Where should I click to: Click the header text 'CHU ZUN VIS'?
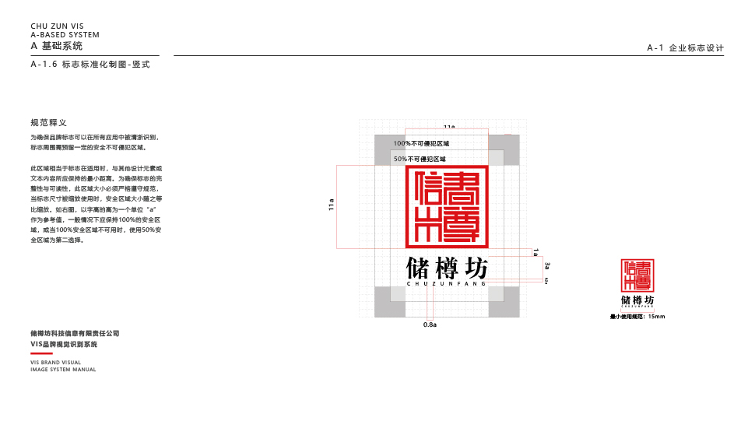point(57,26)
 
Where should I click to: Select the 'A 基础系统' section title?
point(56,47)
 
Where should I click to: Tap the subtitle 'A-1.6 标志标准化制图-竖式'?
point(90,65)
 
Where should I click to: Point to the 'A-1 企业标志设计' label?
point(685,48)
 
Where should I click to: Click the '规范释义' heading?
point(48,123)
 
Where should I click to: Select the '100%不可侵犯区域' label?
point(421,144)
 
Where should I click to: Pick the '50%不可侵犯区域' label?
point(420,159)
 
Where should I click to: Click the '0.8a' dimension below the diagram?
point(430,324)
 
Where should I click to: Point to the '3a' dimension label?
point(547,266)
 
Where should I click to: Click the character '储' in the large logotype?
point(418,268)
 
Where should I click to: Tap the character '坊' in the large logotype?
point(476,268)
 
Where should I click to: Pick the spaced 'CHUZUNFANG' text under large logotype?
point(447,284)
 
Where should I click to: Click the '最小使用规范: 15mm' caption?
point(637,317)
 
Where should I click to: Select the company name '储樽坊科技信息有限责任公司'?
point(75,333)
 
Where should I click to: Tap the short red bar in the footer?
point(41,353)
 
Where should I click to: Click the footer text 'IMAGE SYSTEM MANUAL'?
point(63,370)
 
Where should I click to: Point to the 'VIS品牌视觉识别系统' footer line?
point(64,343)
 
